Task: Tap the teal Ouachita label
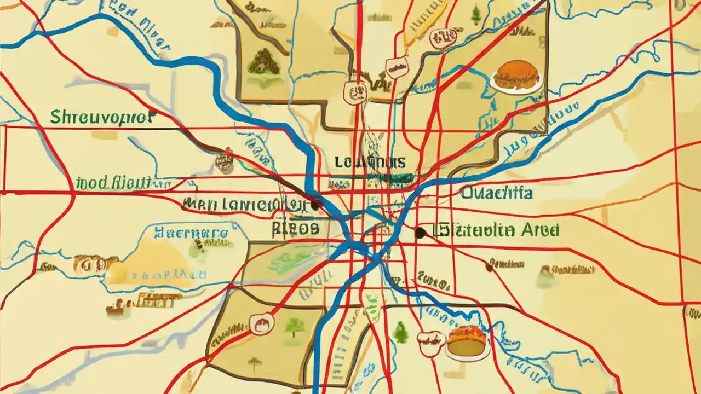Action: click(x=496, y=193)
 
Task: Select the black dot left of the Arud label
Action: click(x=420, y=233)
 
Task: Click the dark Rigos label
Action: click(x=295, y=228)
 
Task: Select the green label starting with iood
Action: click(x=122, y=182)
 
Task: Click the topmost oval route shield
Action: click(x=443, y=38)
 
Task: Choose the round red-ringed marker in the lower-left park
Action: click(x=261, y=324)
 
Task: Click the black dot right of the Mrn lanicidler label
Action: click(x=314, y=205)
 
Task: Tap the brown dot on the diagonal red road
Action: click(x=489, y=266)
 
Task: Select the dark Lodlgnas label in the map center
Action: click(x=370, y=162)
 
